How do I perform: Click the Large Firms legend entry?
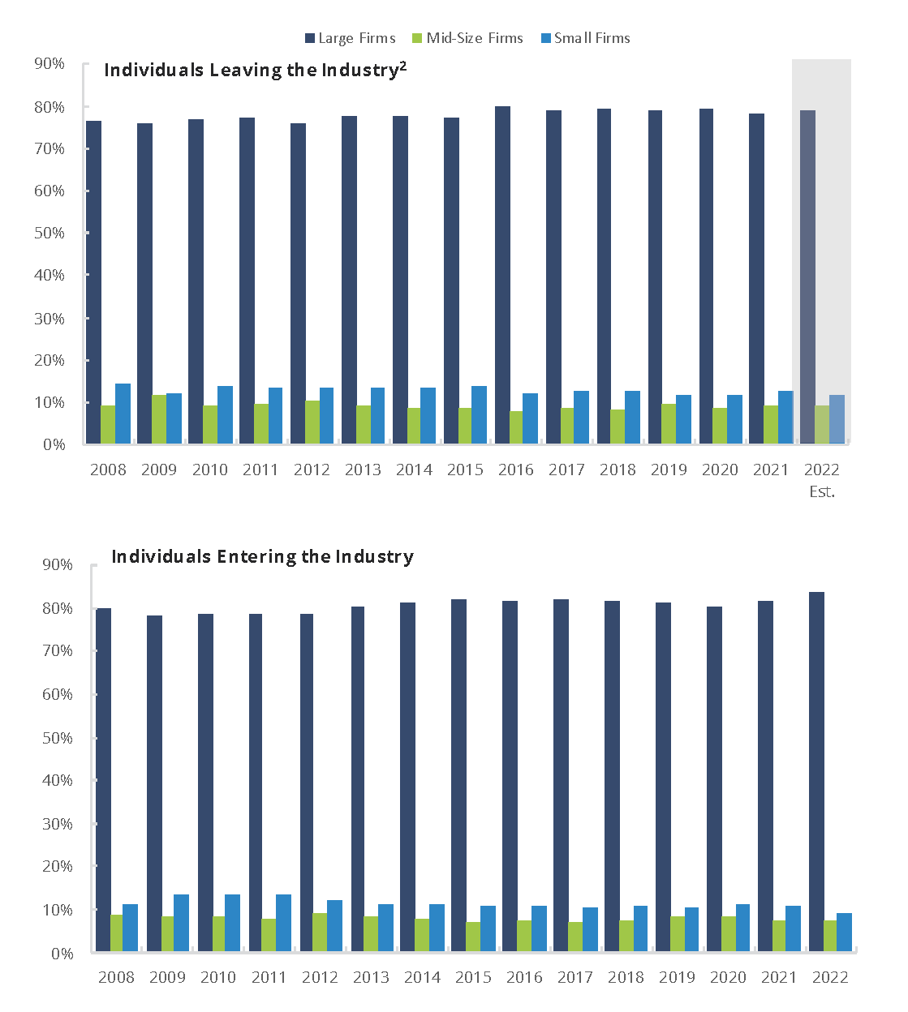point(350,38)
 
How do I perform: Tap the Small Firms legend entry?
point(585,38)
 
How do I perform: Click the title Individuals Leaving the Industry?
point(251,71)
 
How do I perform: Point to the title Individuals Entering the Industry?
point(262,556)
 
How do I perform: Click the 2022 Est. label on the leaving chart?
point(821,480)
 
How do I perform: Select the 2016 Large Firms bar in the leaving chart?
point(502,276)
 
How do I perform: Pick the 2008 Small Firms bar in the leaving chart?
point(123,414)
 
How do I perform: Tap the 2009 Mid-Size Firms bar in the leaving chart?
point(159,419)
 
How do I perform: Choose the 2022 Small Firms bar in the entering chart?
point(844,932)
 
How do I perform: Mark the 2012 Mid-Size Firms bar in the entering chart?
point(320,932)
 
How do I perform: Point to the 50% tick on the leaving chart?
point(49,233)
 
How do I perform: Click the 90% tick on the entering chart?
point(57,564)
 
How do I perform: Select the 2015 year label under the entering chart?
point(473,977)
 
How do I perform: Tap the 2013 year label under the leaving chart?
point(363,470)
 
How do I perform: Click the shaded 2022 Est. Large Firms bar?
point(807,276)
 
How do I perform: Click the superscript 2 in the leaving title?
point(403,66)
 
